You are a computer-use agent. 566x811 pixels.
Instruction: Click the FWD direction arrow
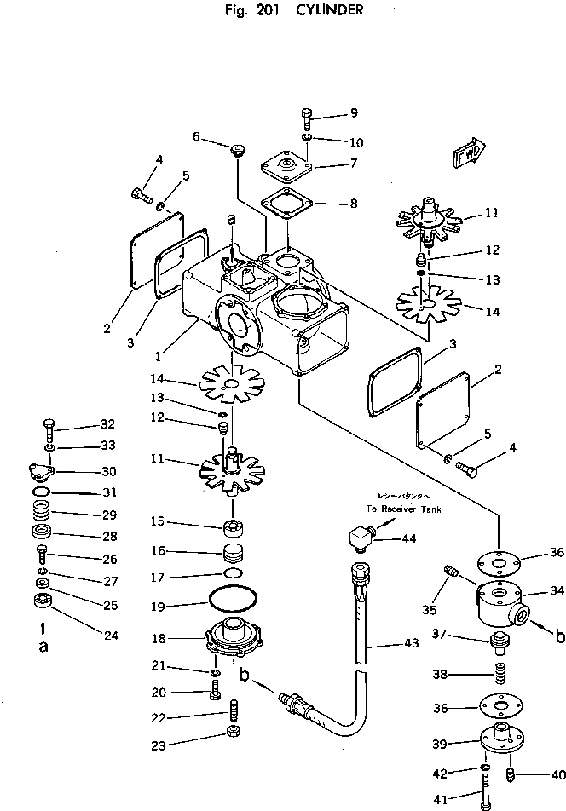pos(470,153)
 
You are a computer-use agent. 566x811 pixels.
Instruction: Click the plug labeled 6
pos(238,152)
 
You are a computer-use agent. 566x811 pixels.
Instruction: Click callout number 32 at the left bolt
pos(107,423)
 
